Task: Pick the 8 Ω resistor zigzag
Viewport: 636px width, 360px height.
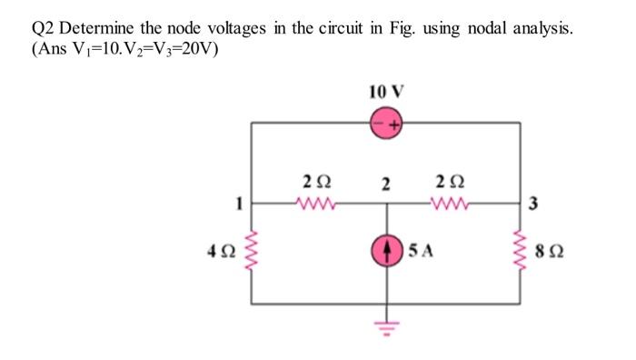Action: (x=522, y=251)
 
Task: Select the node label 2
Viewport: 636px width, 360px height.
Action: (x=386, y=185)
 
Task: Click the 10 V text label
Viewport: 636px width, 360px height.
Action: (x=386, y=91)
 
